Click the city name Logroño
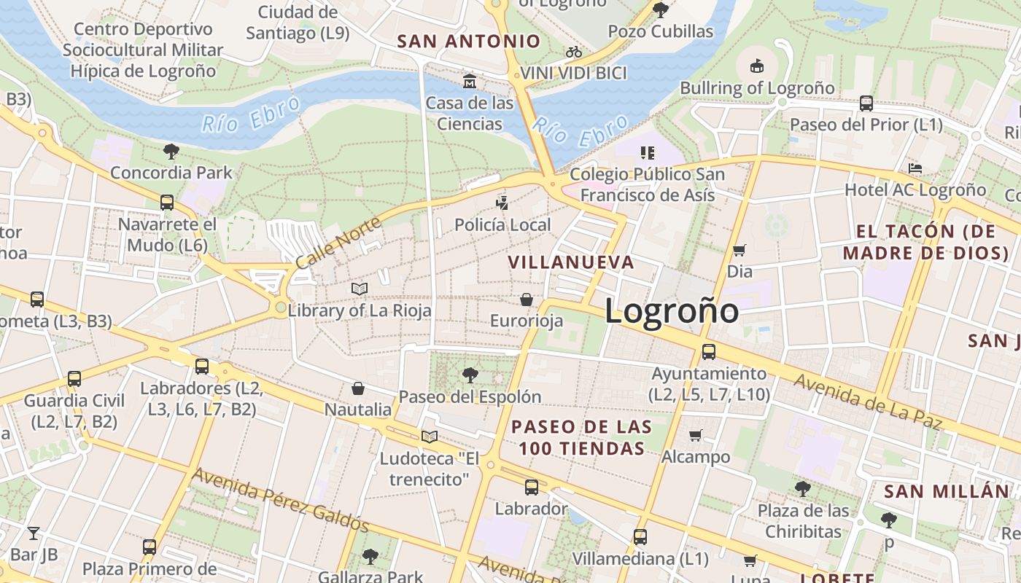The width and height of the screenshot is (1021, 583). (x=672, y=311)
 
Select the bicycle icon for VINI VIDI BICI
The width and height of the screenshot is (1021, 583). (x=574, y=52)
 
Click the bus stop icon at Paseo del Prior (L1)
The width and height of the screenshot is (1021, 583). (x=866, y=103)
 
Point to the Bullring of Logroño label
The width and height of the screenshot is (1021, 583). (x=757, y=88)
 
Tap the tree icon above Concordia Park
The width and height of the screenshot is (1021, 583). (x=171, y=152)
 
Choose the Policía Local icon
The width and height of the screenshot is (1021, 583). (x=502, y=203)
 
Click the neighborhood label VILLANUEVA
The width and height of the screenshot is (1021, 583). (x=571, y=262)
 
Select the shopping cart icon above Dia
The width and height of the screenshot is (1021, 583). (x=739, y=251)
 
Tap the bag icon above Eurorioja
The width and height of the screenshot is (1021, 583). (x=527, y=300)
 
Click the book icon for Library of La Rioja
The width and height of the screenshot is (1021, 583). (x=360, y=289)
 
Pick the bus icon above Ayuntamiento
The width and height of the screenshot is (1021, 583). (x=708, y=352)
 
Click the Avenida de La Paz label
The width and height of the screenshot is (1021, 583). (x=868, y=402)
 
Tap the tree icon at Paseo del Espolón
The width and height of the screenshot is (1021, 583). (x=470, y=375)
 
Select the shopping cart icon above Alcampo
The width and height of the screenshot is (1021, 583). (x=696, y=436)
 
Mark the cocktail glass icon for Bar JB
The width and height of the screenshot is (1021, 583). (x=34, y=533)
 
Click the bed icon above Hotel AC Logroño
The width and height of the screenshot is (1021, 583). (x=915, y=168)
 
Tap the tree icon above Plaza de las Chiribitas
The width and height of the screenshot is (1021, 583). (x=803, y=488)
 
